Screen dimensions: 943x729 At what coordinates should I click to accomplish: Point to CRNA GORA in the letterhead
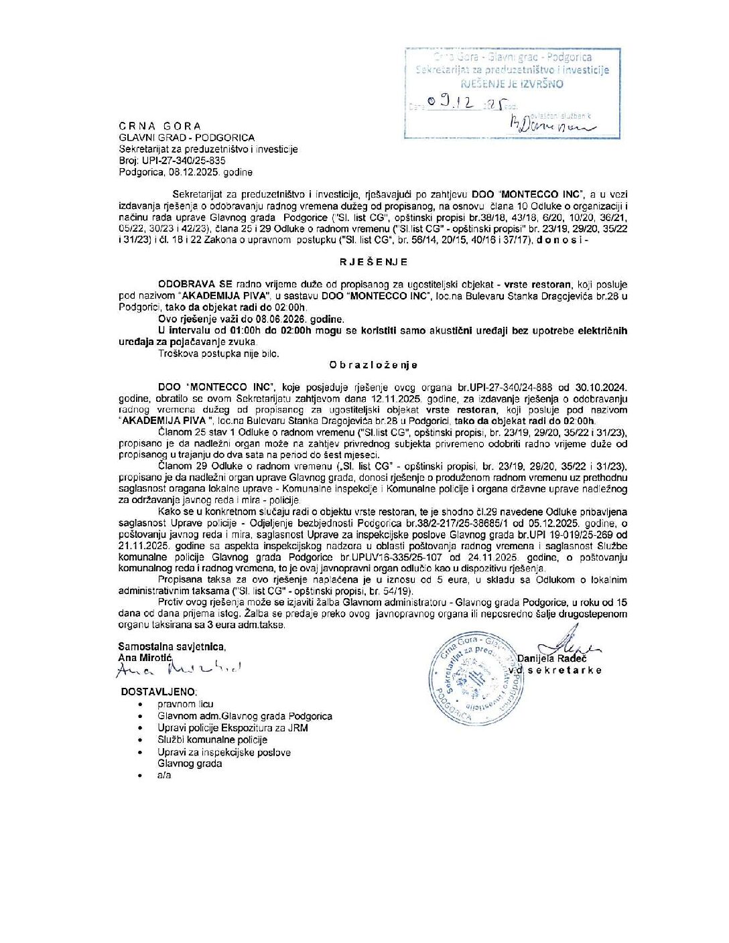[159, 126]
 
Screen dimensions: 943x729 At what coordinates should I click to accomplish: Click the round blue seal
[477, 677]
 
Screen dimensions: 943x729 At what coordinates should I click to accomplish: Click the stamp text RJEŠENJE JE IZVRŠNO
[512, 84]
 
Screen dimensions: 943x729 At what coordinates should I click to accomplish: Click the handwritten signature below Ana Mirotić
[178, 669]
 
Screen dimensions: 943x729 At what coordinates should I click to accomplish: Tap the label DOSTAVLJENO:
[159, 692]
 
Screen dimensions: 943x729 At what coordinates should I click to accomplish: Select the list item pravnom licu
[186, 704]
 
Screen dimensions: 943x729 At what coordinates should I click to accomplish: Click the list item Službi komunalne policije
[212, 739]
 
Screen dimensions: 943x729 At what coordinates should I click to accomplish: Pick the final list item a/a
[164, 775]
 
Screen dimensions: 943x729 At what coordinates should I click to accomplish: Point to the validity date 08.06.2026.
[283, 319]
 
